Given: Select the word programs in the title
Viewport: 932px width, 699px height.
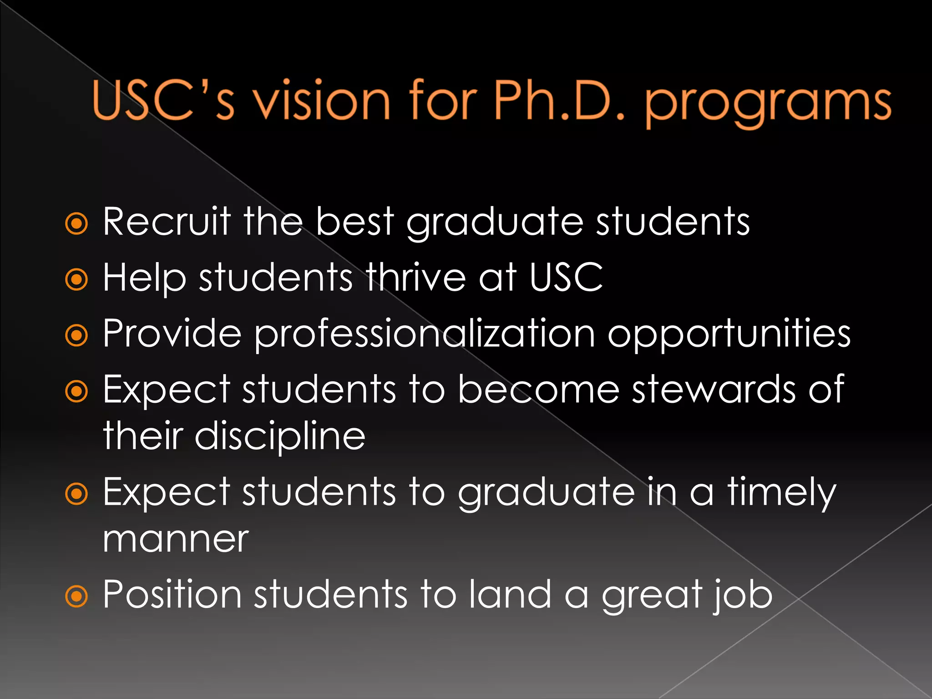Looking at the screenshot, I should (768, 104).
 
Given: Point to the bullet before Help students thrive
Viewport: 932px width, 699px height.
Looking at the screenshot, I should (76, 279).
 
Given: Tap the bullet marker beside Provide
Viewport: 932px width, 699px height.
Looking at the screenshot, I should (76, 335).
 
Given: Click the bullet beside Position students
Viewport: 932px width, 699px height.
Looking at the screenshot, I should (76, 596).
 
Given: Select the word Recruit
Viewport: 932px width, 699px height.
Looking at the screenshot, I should (167, 222).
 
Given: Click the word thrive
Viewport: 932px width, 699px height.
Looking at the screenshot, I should (416, 277).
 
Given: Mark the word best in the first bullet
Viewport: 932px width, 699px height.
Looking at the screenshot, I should (355, 222).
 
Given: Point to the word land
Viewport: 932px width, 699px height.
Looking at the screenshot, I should (510, 594).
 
